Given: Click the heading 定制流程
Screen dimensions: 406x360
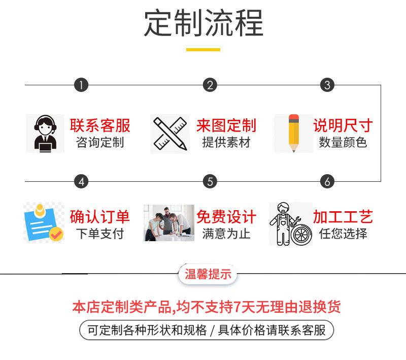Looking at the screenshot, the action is tap(203, 23).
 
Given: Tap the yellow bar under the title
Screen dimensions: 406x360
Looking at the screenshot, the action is tap(203, 50).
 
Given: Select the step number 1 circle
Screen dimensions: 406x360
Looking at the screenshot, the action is tap(81, 85).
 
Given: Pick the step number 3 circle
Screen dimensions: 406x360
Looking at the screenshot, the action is tap(327, 85).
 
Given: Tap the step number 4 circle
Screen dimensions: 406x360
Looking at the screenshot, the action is tap(81, 181).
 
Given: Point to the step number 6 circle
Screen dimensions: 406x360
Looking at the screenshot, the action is tap(327, 181).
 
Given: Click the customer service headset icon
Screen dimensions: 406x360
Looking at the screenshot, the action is tap(45, 134).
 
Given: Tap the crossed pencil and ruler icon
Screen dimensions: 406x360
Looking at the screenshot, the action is tap(170, 134).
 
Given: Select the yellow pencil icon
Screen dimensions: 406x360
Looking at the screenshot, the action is tap(293, 134).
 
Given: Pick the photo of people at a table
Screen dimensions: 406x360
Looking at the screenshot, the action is tap(169, 223).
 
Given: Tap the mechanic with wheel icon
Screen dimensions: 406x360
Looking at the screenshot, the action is tap(290, 224).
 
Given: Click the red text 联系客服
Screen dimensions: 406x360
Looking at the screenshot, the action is tap(100, 125).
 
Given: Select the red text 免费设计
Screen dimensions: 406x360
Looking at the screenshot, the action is tap(226, 217).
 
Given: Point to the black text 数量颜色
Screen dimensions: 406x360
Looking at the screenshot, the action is tap(343, 142).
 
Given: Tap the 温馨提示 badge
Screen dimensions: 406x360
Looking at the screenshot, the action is tap(208, 275).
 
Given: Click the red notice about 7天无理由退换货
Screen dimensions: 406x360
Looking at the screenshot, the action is tap(206, 307).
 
